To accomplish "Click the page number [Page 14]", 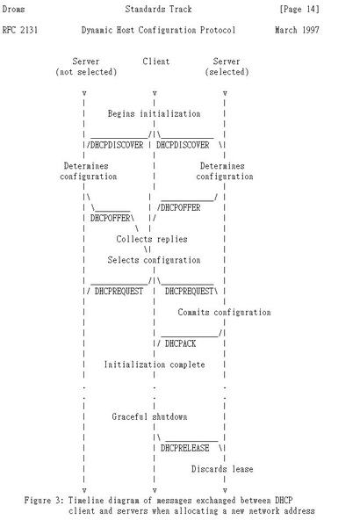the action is pos(299,9).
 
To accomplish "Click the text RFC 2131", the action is pos(20,30).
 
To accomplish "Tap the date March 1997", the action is pos(297,30).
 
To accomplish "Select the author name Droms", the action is pos(13,9).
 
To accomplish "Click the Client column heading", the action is pos(156,61).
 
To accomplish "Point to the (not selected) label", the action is pos(86,72).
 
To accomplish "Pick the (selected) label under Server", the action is pos(227,72).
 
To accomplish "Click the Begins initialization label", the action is pos(154,114).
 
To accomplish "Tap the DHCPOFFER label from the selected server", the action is pos(181,207).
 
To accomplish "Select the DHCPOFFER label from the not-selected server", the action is pos(111,218).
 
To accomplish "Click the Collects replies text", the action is pos(152,239).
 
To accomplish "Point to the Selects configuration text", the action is pos(154,260).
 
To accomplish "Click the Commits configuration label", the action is pos(224,312).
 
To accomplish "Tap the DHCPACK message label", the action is pos(181,343).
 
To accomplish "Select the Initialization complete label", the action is pos(155,365).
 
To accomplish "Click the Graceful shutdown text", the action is pos(149,416).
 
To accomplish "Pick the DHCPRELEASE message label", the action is pos(185,448).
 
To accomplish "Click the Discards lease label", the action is pos(222,469).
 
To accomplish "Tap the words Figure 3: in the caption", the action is pos(44,501).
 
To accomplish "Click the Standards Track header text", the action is pos(158,9).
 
